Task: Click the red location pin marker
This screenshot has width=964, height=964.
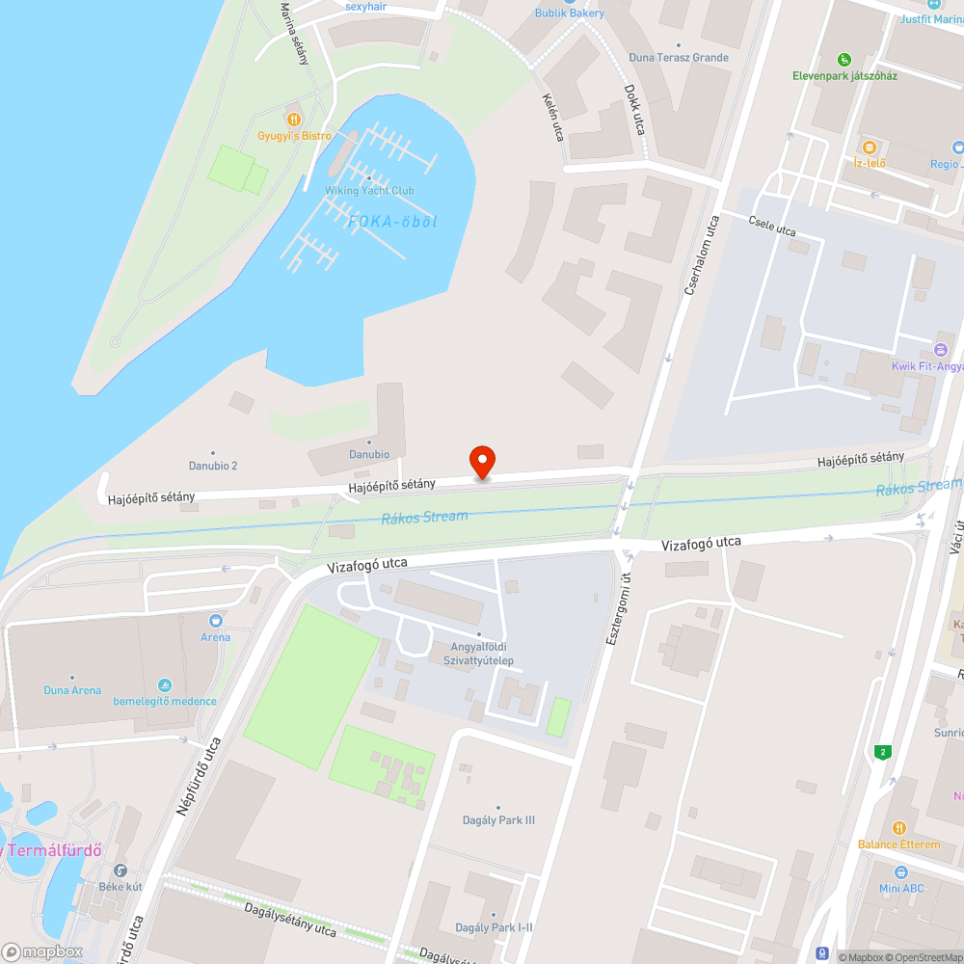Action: (481, 462)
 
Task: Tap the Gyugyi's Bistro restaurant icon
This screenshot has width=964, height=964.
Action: (294, 118)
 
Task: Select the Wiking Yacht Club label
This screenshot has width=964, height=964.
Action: (369, 190)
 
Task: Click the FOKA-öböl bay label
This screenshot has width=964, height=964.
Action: (392, 222)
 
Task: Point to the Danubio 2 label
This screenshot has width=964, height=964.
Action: (213, 466)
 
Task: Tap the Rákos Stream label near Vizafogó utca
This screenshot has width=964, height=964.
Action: (424, 518)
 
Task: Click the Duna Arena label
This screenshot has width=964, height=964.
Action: (72, 690)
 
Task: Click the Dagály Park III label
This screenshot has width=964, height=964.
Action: (498, 820)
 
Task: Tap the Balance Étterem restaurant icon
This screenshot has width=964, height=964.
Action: (898, 827)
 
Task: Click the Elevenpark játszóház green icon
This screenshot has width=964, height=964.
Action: (844, 59)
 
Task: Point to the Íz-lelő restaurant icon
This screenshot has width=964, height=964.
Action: (869, 147)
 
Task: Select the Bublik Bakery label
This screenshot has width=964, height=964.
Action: (570, 13)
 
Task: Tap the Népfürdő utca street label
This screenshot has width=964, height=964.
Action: (200, 777)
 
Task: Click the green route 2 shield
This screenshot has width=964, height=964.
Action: (881, 751)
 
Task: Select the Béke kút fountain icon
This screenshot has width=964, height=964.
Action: (120, 870)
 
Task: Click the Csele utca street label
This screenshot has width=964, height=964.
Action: (772, 227)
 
